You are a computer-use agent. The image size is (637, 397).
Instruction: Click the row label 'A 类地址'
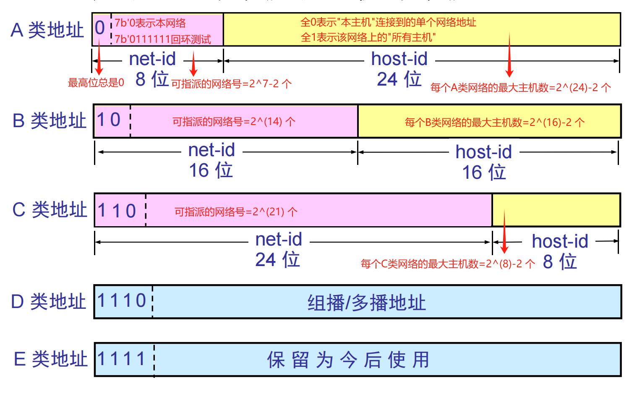click(x=47, y=30)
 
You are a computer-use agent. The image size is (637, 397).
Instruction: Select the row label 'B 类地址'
click(x=49, y=120)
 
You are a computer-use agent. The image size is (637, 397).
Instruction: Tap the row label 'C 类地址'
click(x=50, y=209)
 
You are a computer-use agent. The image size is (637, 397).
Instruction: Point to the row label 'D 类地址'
click(x=48, y=301)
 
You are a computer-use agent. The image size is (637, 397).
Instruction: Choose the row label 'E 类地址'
click(x=51, y=359)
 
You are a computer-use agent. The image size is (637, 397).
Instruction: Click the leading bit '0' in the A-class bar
click(x=100, y=28)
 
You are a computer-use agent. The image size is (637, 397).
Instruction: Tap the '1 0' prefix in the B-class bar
click(x=109, y=120)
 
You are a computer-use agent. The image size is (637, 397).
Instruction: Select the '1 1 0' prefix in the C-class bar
click(x=117, y=211)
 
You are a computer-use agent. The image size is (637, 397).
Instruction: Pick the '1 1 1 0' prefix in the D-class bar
click(x=122, y=300)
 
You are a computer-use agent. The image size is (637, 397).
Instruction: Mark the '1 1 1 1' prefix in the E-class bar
click(x=121, y=358)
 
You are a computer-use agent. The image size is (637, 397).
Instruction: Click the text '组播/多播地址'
click(x=367, y=303)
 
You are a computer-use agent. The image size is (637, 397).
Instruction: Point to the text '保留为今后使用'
click(x=348, y=360)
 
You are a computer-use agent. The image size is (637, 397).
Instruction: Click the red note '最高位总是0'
click(x=96, y=83)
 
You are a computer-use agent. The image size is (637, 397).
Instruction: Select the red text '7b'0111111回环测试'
click(x=163, y=39)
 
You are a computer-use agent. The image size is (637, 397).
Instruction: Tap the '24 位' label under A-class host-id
click(x=399, y=79)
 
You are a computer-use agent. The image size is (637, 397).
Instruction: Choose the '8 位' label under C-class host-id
click(x=560, y=261)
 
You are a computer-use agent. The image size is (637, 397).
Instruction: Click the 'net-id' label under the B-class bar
click(x=211, y=150)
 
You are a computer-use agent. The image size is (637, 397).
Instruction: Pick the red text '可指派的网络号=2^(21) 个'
click(x=236, y=212)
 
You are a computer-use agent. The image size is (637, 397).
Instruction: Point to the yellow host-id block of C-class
click(x=556, y=210)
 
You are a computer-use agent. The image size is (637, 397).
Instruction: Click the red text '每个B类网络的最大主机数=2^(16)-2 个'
click(x=495, y=123)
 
